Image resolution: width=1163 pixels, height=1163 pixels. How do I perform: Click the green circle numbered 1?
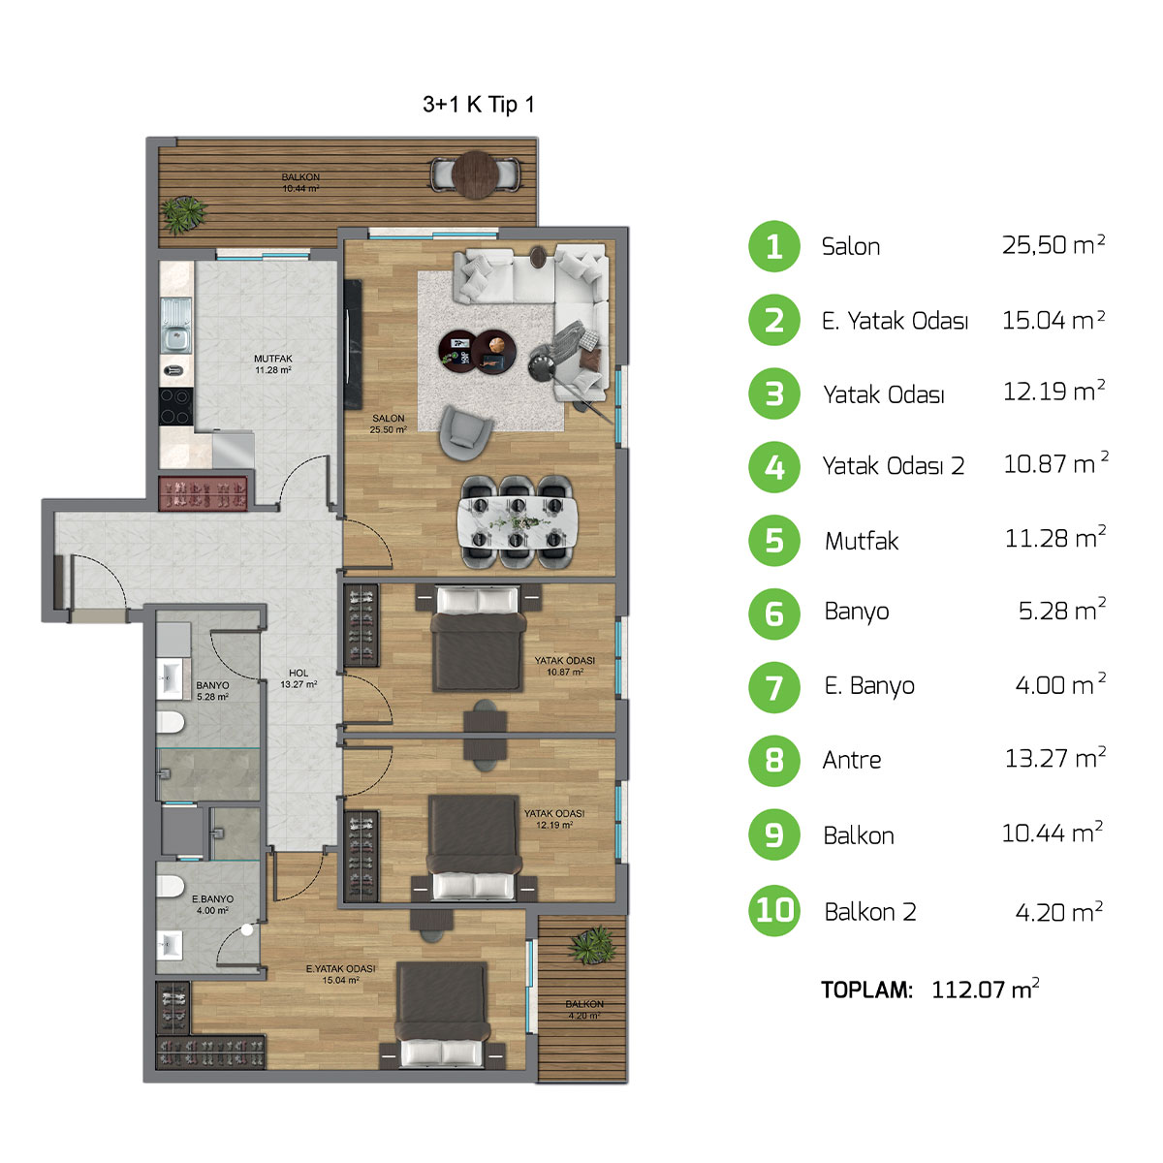pyautogui.click(x=773, y=246)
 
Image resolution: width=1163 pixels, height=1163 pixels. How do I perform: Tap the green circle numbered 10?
pyautogui.click(x=773, y=910)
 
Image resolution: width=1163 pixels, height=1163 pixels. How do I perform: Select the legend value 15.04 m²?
pyautogui.click(x=1053, y=320)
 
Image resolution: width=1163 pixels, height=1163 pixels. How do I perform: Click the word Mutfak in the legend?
pyautogui.click(x=862, y=541)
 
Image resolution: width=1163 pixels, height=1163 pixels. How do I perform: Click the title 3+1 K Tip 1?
pyautogui.click(x=479, y=105)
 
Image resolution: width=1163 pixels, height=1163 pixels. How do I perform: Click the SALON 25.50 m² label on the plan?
pyautogui.click(x=388, y=424)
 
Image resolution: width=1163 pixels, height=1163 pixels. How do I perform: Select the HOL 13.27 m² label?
pyautogui.click(x=299, y=678)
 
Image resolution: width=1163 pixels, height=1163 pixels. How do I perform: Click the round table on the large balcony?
pyautogui.click(x=475, y=175)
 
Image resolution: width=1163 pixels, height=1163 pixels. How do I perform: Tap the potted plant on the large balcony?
pyautogui.click(x=183, y=214)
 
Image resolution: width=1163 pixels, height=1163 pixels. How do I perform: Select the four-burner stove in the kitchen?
pyautogui.click(x=175, y=407)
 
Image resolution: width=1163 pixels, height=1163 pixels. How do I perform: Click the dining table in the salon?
pyautogui.click(x=517, y=522)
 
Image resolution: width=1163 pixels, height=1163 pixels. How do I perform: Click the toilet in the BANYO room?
pyautogui.click(x=170, y=722)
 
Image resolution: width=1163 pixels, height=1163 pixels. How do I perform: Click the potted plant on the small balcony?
pyautogui.click(x=593, y=945)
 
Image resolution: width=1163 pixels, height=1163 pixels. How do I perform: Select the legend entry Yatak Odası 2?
pyautogui.click(x=894, y=466)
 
